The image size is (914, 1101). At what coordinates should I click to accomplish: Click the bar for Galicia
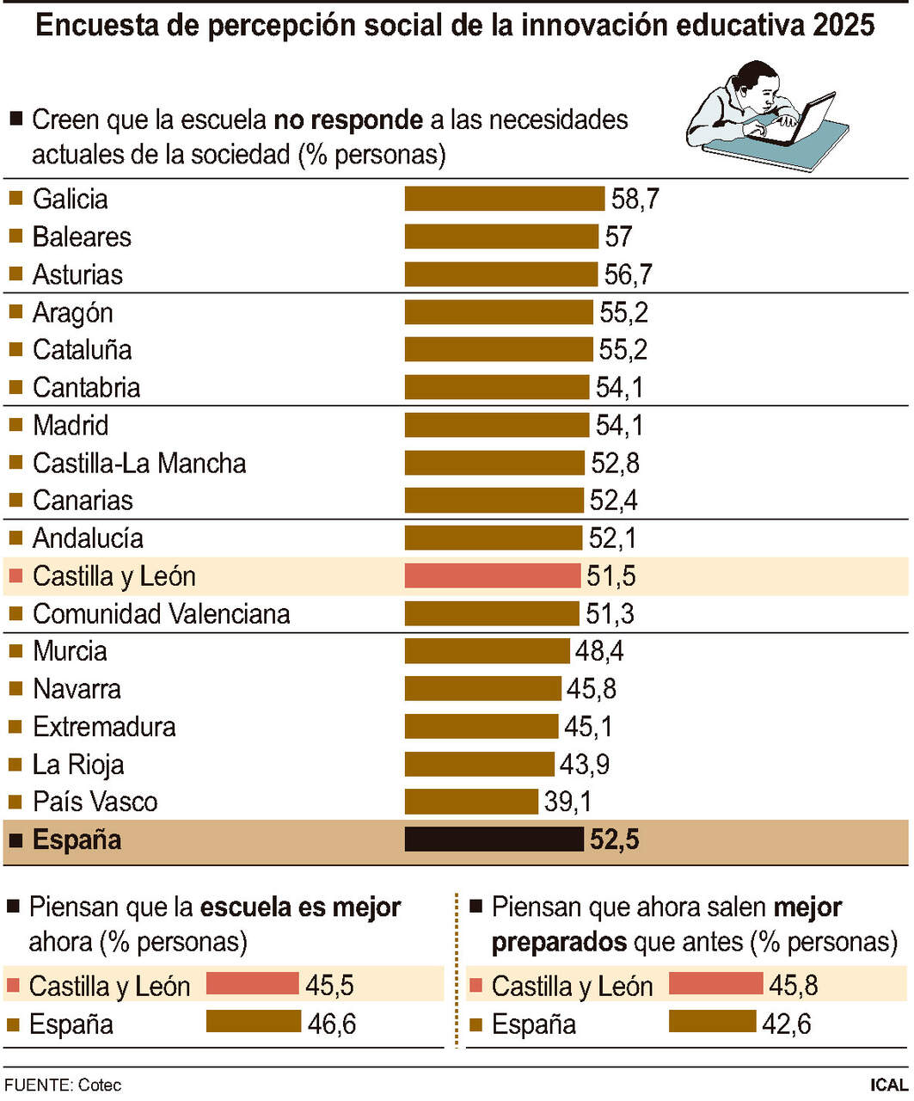click(x=505, y=199)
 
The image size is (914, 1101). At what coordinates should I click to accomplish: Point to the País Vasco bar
click(x=471, y=802)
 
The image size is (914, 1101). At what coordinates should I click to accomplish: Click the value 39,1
click(x=567, y=802)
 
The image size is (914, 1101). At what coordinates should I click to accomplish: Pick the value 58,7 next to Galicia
click(x=635, y=199)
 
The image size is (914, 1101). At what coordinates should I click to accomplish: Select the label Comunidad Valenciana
click(x=161, y=614)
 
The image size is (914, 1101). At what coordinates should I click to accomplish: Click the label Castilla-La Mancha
click(x=139, y=464)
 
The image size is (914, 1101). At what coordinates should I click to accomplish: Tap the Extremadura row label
click(x=104, y=727)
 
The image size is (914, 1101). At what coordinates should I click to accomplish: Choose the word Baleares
click(x=82, y=237)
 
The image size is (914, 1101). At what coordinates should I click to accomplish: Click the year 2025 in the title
click(x=843, y=26)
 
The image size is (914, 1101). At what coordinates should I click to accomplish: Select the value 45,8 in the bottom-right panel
click(x=793, y=985)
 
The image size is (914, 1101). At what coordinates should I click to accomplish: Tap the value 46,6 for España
click(x=332, y=1024)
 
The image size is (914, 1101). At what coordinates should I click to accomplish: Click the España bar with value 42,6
click(x=712, y=1022)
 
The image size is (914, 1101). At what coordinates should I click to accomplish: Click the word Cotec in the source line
click(x=100, y=1086)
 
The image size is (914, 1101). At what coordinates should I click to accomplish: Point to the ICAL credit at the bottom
click(x=888, y=1086)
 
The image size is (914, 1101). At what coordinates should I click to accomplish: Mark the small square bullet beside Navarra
click(x=15, y=689)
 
